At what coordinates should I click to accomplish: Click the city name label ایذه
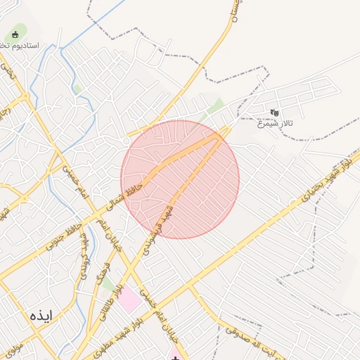click(41, 316)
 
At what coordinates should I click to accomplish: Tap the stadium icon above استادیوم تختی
click(15, 34)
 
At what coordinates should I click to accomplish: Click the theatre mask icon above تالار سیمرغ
click(275, 112)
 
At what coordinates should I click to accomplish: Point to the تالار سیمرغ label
click(275, 124)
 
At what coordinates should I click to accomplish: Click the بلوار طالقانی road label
click(110, 295)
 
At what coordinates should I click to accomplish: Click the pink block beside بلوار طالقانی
click(129, 301)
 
